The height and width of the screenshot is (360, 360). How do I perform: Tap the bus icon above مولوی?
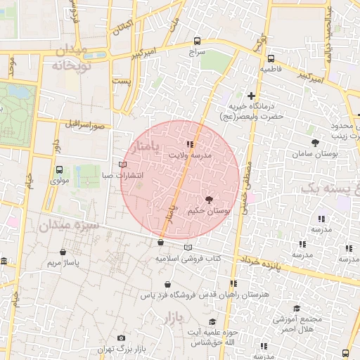tap(59, 169)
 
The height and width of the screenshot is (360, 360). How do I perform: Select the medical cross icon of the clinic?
tap(251, 95)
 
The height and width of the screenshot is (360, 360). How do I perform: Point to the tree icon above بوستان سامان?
tap(314, 143)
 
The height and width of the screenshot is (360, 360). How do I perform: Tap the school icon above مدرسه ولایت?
tap(189, 144)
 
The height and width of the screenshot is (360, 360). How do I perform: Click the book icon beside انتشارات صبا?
tap(124, 165)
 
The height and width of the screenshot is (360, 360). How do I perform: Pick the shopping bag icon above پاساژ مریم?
tap(64, 252)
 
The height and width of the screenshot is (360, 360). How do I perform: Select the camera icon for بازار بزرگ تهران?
tap(121, 338)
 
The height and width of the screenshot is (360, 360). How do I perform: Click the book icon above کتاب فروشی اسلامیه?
tap(187, 247)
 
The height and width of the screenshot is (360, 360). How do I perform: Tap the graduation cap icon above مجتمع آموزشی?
tap(296, 309)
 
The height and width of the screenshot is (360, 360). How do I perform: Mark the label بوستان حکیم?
tap(209, 211)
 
